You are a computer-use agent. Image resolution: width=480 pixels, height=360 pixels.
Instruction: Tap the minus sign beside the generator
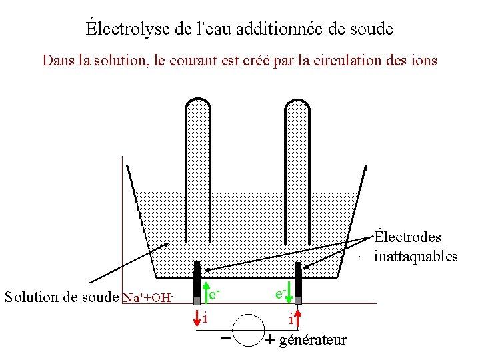pyautogui.click(x=226, y=337)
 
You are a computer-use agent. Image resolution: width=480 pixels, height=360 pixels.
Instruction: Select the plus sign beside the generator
pyautogui.click(x=269, y=340)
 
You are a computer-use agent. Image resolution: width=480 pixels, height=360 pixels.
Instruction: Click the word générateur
pyautogui.click(x=313, y=340)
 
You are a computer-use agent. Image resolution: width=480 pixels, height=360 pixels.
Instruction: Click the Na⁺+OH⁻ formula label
pyautogui.click(x=149, y=297)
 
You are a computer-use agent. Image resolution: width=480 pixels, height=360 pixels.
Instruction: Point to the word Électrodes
pyautogui.click(x=407, y=237)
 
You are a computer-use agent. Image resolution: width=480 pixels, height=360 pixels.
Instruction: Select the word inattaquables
pyautogui.click(x=415, y=257)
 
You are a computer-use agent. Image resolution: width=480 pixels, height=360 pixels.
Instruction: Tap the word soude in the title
pyautogui.click(x=373, y=29)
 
